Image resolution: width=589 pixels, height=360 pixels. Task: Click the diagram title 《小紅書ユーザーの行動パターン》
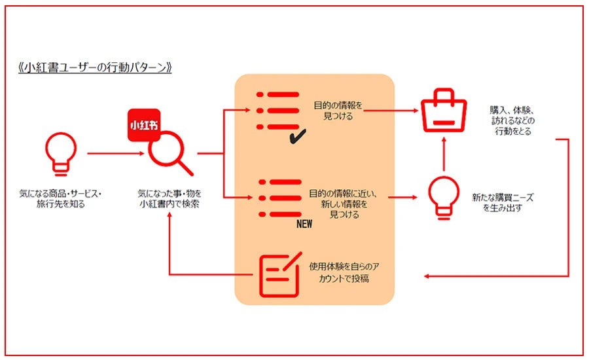(95, 68)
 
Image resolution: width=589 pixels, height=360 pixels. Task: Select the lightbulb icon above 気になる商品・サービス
(60, 153)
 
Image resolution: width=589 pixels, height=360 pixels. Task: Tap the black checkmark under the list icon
(298, 136)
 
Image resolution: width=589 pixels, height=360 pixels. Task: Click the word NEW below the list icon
(304, 223)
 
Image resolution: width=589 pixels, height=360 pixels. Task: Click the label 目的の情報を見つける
(338, 110)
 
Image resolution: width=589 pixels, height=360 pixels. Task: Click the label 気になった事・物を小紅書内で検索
(170, 199)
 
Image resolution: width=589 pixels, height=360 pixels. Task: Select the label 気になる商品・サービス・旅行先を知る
(61, 199)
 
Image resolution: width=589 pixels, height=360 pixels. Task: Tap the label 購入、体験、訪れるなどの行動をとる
(510, 120)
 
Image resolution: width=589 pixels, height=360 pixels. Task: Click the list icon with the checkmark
(279, 111)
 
